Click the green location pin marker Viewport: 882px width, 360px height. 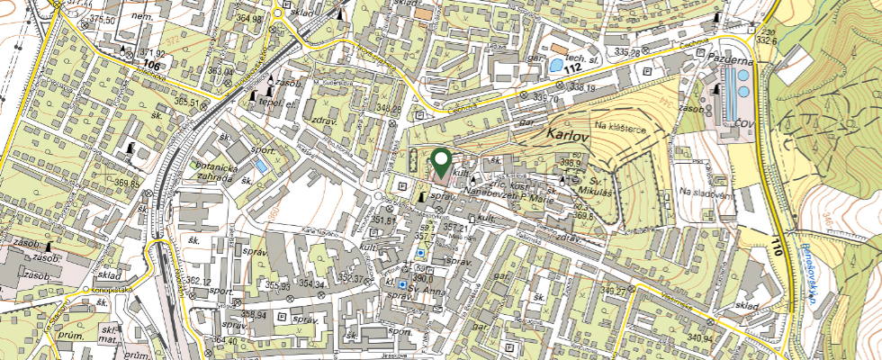[x=441, y=163]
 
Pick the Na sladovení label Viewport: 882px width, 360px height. [x=704, y=192]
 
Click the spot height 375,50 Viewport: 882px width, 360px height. [x=103, y=19]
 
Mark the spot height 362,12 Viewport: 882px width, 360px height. [x=204, y=281]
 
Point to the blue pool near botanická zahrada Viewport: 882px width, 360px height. [x=261, y=166]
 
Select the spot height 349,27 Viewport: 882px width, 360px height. [x=614, y=290]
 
